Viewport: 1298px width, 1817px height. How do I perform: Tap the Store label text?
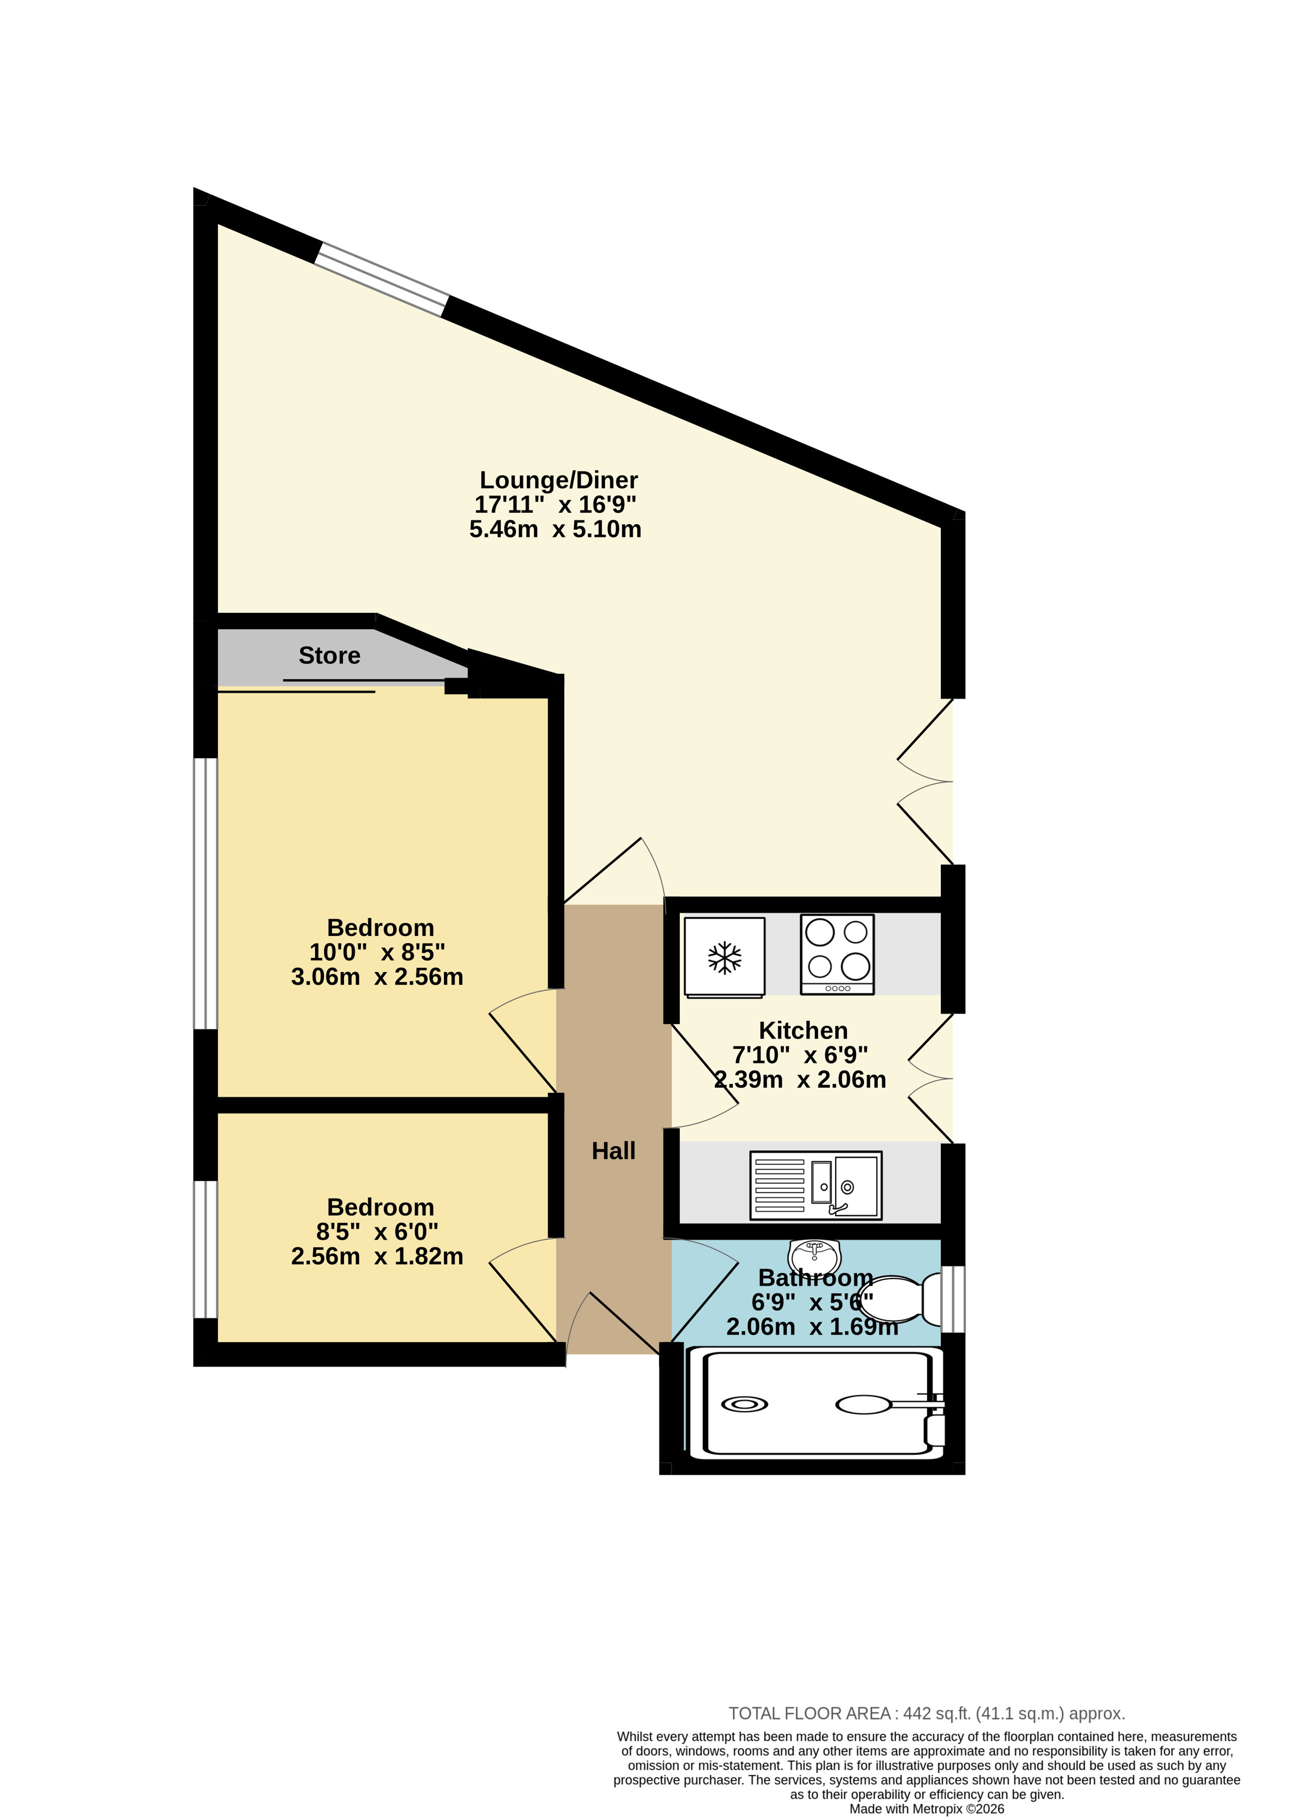tap(329, 655)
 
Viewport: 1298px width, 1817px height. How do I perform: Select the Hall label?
tap(613, 1151)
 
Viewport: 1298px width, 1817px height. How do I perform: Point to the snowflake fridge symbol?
tap(724, 957)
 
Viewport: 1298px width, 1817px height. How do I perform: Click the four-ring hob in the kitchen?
tap(837, 954)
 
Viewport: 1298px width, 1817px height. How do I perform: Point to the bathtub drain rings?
tap(744, 1404)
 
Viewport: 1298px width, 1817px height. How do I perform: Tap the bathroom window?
tap(953, 1299)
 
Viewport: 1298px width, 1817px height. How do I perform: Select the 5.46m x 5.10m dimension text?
tap(555, 529)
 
